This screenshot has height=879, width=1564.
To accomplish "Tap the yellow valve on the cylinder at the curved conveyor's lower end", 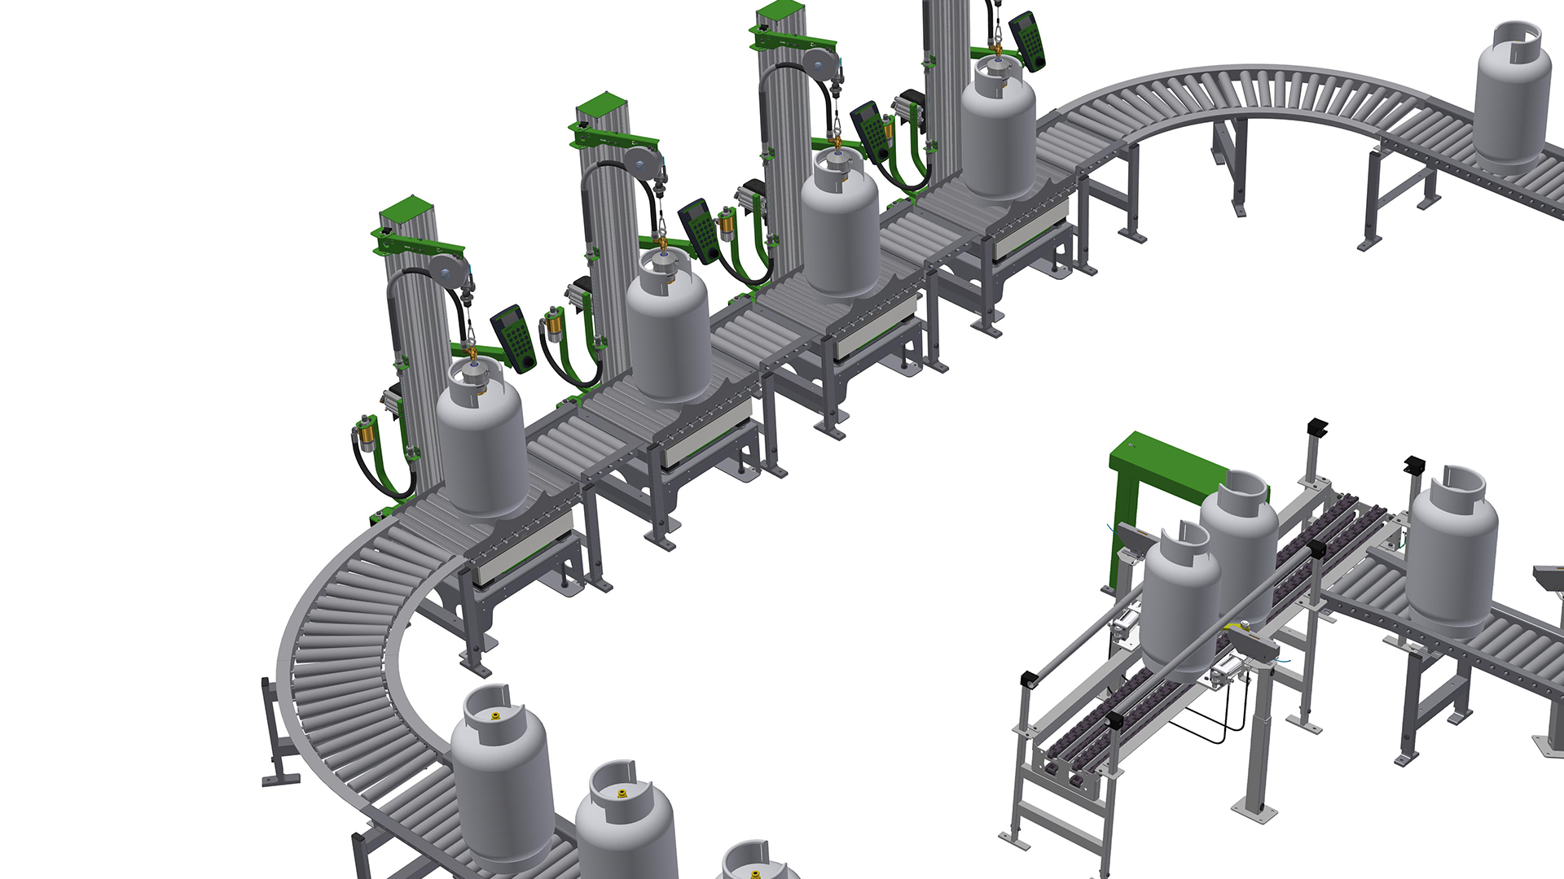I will pos(494,715).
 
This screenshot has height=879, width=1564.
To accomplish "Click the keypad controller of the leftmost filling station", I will pos(513,338).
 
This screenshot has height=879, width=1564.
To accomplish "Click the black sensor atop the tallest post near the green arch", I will pos(1316,426).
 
